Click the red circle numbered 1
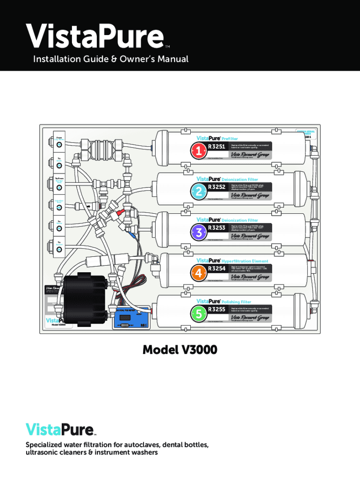pyautogui.click(x=199, y=150)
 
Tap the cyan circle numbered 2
pyautogui.click(x=199, y=191)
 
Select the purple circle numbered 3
pyautogui.click(x=199, y=232)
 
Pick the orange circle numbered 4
pyautogui.click(x=199, y=272)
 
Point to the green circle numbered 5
pyautogui.click(x=199, y=313)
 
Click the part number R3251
pyautogui.click(x=217, y=146)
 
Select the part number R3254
pyautogui.click(x=217, y=268)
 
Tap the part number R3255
pyautogui.click(x=217, y=309)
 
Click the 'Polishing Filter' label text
pyautogui.click(x=239, y=302)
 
